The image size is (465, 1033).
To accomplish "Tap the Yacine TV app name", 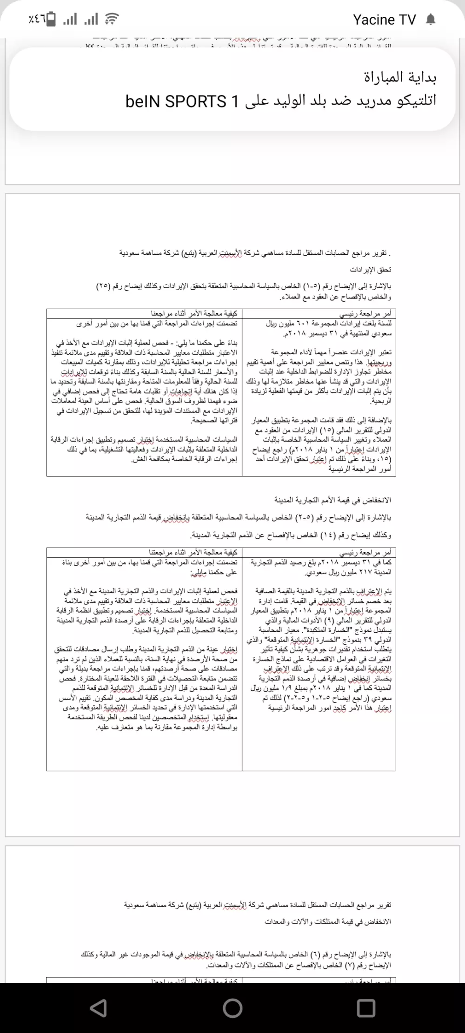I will pyautogui.click(x=384, y=20).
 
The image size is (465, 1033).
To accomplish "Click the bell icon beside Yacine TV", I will pyautogui.click(x=431, y=20).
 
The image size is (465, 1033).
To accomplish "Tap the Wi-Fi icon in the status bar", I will pyautogui.click(x=111, y=20).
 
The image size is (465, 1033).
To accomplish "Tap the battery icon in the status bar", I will pyautogui.click(x=52, y=20).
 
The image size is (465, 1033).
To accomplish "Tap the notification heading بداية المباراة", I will pyautogui.click(x=400, y=77).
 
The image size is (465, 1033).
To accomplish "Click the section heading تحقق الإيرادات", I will pyautogui.click(x=371, y=270).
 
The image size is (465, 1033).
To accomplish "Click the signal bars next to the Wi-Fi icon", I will pyautogui.click(x=91, y=20).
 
